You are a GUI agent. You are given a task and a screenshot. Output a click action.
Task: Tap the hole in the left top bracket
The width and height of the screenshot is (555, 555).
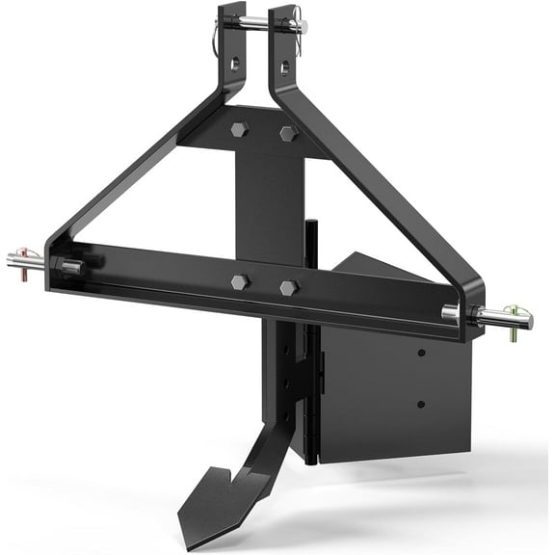(234, 65)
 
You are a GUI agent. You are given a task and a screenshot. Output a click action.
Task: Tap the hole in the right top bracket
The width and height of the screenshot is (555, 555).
(285, 66)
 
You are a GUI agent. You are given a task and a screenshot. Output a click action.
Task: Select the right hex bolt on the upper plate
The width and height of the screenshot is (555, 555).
(287, 134)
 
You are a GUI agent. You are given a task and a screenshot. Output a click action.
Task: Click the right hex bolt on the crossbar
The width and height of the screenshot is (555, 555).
(287, 288)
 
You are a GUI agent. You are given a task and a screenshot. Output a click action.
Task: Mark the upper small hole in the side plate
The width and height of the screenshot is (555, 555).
(422, 355)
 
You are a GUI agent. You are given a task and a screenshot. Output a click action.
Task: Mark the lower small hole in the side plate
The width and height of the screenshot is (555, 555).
(420, 403)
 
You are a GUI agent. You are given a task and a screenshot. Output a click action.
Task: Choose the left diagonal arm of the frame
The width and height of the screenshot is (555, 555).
(135, 164)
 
